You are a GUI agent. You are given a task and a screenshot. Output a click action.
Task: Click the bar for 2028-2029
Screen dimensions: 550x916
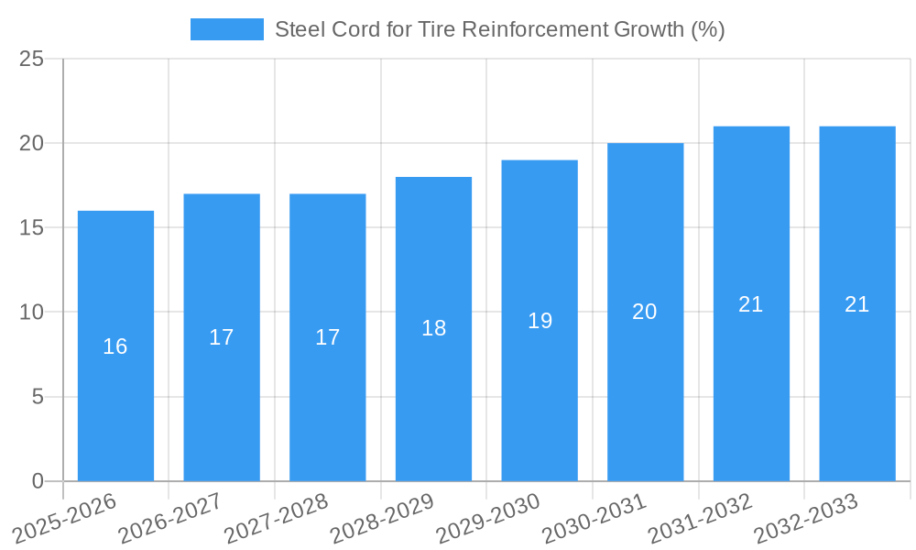pos(433,385)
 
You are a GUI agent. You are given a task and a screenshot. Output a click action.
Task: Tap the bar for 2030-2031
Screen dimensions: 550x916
pos(645,385)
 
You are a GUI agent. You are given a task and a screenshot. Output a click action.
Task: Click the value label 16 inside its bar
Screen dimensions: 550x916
pos(115,346)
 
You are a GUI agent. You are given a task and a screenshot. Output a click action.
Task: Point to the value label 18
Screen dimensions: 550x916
pos(433,328)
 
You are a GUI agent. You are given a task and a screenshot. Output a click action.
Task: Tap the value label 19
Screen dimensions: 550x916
pos(540,321)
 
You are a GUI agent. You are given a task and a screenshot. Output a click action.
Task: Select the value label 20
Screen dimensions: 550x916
pos(645,312)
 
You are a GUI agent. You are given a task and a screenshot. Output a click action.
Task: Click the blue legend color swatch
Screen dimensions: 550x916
pos(226,29)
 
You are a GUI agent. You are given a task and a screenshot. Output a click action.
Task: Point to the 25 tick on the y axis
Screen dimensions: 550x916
pos(31,59)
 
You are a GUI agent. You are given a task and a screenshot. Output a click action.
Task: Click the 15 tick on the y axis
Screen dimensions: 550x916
pos(31,228)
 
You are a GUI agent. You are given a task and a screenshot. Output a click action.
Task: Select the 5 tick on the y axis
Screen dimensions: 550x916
pos(38,397)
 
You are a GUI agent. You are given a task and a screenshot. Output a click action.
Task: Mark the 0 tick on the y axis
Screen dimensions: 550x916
pos(38,481)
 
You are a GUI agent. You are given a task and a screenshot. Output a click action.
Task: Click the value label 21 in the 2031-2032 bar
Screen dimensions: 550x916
pos(751,304)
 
